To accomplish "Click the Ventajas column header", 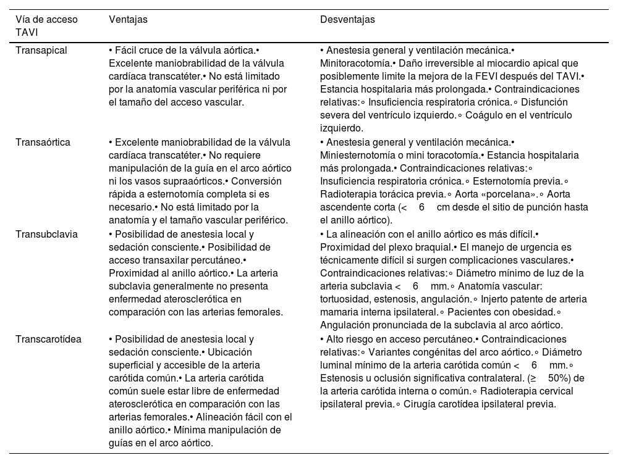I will (128, 20).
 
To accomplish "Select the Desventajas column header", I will (347, 20).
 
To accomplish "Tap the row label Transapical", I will (41, 49).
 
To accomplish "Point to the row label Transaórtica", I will (43, 143).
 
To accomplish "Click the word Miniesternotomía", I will (358, 156).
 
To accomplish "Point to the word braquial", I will (429, 247).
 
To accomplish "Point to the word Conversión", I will (255, 181).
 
